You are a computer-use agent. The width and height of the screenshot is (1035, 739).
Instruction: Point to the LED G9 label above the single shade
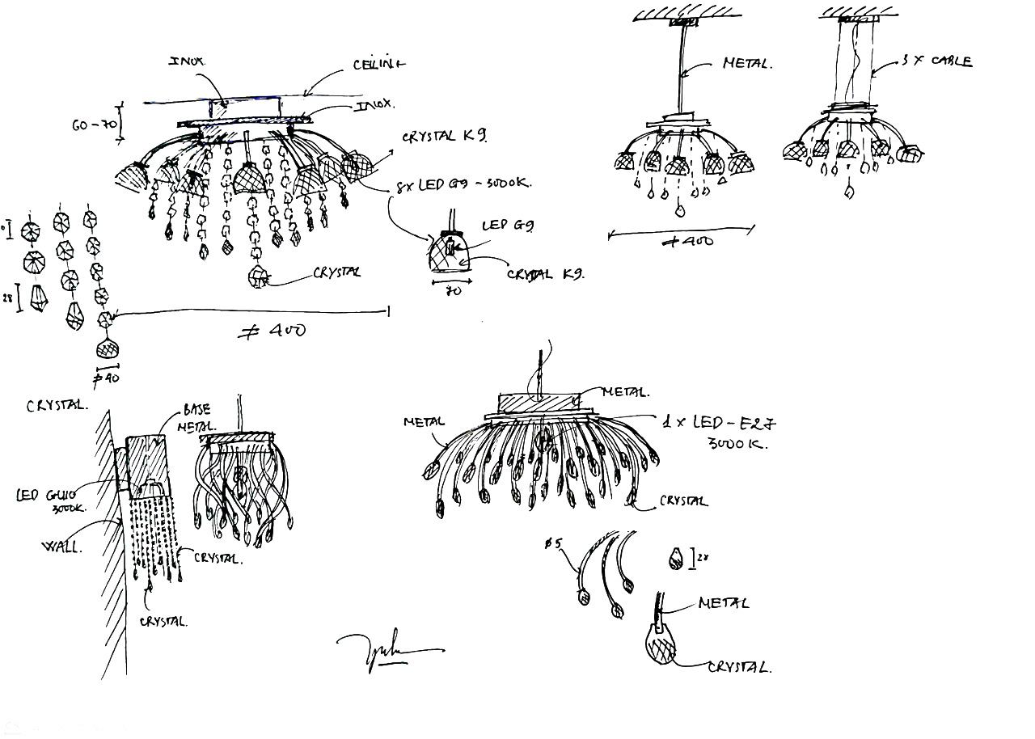509,226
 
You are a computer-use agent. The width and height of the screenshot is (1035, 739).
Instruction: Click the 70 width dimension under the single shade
454,290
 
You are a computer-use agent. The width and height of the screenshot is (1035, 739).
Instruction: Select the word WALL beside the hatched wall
61,547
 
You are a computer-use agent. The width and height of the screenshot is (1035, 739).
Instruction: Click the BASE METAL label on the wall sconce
197,418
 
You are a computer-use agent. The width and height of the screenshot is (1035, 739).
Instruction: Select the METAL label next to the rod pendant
746,63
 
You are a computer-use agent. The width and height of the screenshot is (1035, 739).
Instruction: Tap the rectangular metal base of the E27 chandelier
538,402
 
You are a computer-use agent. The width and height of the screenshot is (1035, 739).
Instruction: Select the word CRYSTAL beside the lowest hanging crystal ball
336,272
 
